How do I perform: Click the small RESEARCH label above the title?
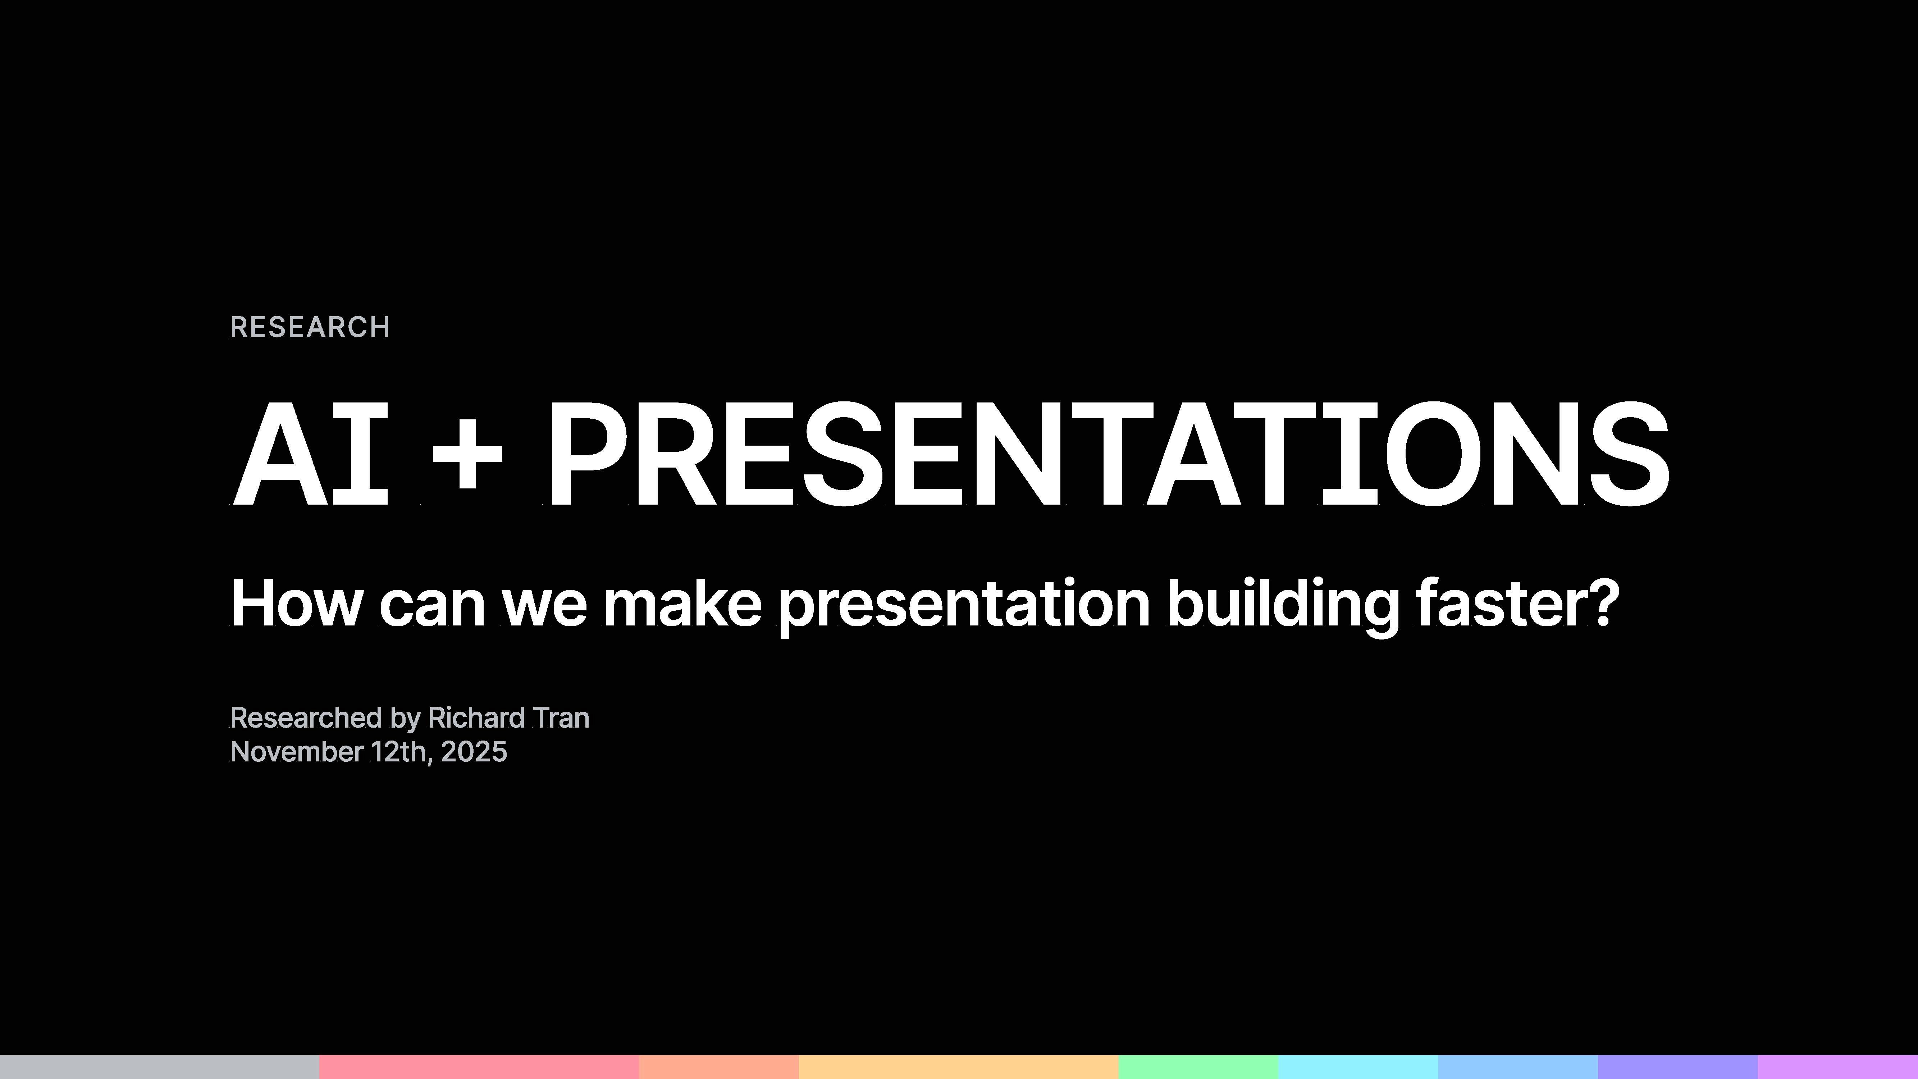pos(310,327)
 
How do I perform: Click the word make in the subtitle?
pos(682,603)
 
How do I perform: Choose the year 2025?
pos(474,751)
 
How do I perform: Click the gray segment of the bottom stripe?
pos(159,1066)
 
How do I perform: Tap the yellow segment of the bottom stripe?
pos(958,1066)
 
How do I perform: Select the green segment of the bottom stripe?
pos(1198,1066)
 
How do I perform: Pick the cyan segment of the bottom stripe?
pos(1358,1066)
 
